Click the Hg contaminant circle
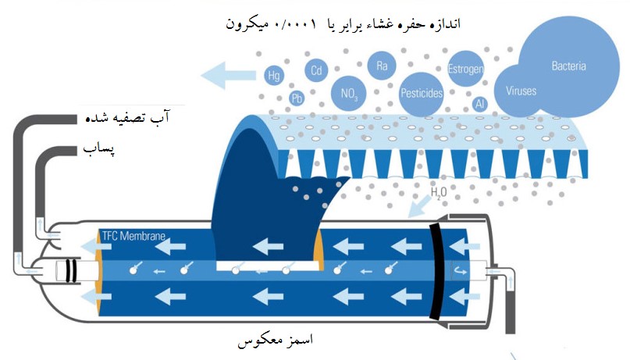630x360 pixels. coord(274,76)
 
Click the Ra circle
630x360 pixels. coord(382,66)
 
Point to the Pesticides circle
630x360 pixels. coord(422,92)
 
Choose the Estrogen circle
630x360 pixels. coord(465,70)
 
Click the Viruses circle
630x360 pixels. coord(521,91)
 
